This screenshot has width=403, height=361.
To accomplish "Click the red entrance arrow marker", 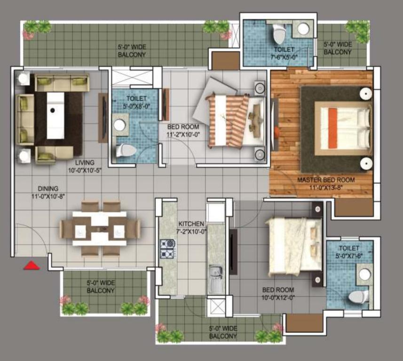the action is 32,266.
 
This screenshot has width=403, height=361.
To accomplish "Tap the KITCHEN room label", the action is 191,224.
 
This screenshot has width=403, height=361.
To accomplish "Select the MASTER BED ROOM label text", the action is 326,180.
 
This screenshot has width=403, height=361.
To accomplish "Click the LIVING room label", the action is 85,163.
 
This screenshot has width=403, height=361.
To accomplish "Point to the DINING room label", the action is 48,188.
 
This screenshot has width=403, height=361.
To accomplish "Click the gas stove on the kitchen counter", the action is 167,249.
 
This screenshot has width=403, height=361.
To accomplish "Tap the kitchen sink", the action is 216,279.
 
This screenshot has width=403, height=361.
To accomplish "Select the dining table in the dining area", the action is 100,228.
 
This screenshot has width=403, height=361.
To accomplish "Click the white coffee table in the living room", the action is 55,115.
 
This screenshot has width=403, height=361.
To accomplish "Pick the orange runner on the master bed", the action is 332,128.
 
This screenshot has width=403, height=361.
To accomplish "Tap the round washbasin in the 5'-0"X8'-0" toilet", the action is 119,125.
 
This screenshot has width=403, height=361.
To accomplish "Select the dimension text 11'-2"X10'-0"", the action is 183,134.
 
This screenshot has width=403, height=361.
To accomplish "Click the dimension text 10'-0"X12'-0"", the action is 278,298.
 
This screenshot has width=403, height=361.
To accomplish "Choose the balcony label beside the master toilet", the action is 338,48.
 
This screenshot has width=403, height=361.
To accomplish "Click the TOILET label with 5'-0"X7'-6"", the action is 348,248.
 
